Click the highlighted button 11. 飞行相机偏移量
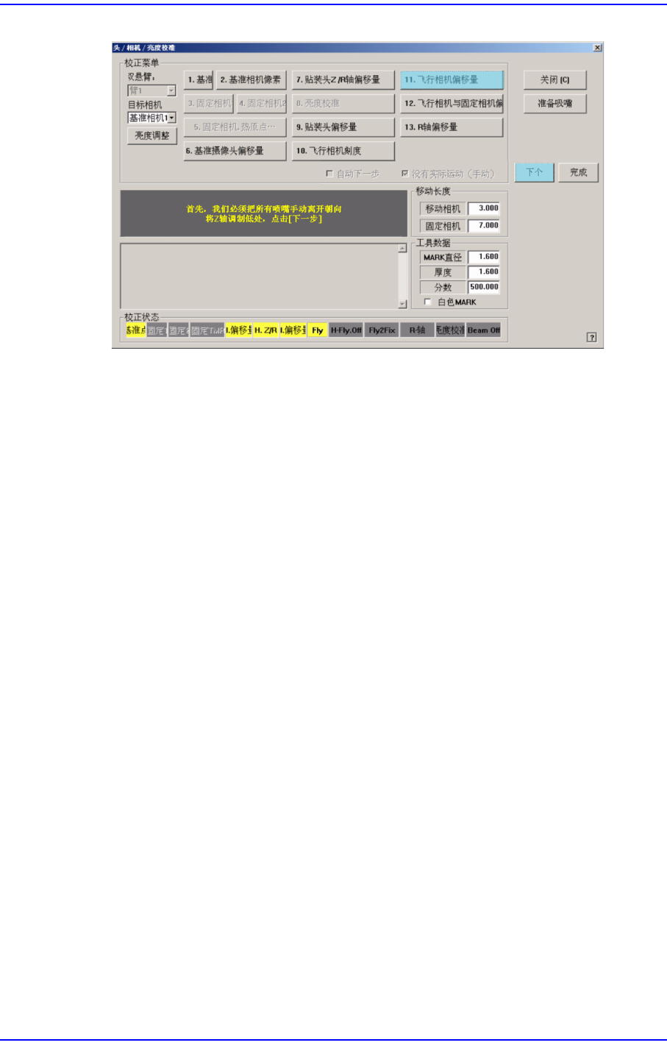[452, 79]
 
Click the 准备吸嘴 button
[554, 104]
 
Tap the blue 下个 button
[534, 172]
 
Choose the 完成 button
[578, 172]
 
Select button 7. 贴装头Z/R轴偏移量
[343, 79]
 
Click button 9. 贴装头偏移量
[343, 127]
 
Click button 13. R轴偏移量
[452, 127]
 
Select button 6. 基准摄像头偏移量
[235, 151]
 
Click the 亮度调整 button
[152, 135]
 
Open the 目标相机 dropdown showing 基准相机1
[152, 118]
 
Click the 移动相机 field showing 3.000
[484, 208]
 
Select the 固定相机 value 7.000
[484, 226]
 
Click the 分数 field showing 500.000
[484, 287]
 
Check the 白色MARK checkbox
[428, 302]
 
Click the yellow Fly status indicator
[318, 330]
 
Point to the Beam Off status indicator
[483, 330]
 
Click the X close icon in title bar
[597, 48]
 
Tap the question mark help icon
[591, 337]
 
